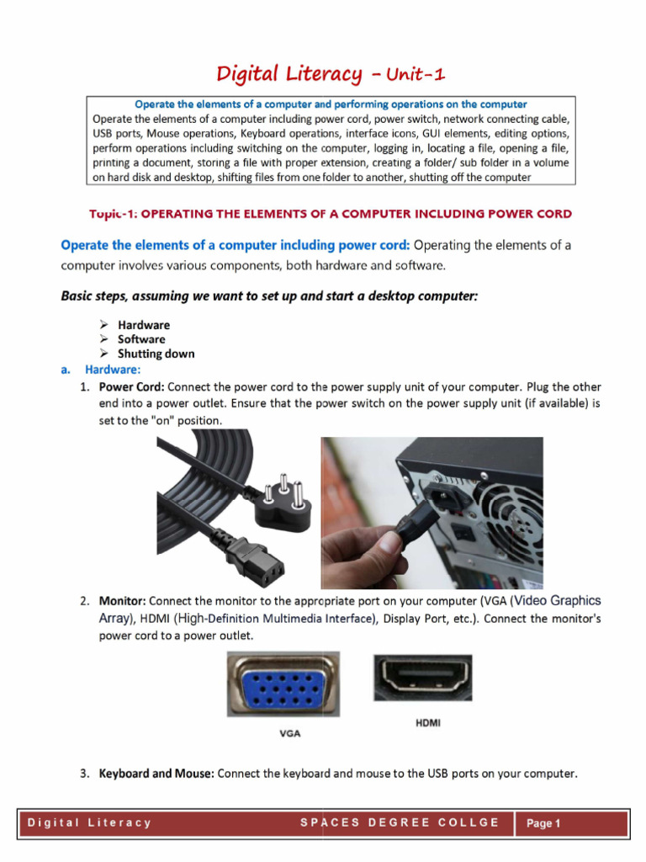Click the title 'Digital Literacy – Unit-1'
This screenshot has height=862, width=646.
pyautogui.click(x=331, y=74)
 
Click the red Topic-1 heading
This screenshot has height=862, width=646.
pyautogui.click(x=331, y=214)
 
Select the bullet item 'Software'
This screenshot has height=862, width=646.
pyautogui.click(x=141, y=339)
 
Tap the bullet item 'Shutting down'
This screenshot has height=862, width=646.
pyautogui.click(x=156, y=354)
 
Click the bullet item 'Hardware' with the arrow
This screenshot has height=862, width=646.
pyautogui.click(x=143, y=325)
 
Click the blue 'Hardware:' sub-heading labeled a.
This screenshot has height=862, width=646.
pyautogui.click(x=113, y=370)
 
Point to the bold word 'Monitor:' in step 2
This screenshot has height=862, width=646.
pyautogui.click(x=123, y=601)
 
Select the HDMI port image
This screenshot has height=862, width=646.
pyautogui.click(x=423, y=677)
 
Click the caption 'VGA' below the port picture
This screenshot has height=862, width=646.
pyautogui.click(x=290, y=733)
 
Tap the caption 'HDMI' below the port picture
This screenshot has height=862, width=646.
pyautogui.click(x=428, y=722)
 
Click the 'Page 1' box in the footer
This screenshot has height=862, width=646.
pyautogui.click(x=543, y=823)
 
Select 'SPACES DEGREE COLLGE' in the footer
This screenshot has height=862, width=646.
pyautogui.click(x=400, y=822)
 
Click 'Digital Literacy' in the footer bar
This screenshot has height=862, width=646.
pyautogui.click(x=90, y=822)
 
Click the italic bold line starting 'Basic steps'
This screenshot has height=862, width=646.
pyautogui.click(x=269, y=295)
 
